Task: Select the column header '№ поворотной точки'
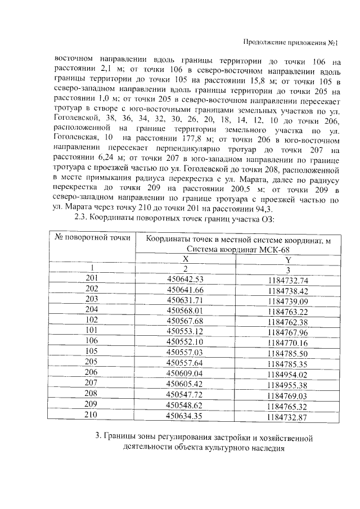coord(92,237)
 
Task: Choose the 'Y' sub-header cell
coord(288,259)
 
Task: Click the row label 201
coord(92,278)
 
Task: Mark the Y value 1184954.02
coord(289,374)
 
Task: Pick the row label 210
coord(92,415)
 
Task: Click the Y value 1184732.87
coord(289,417)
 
